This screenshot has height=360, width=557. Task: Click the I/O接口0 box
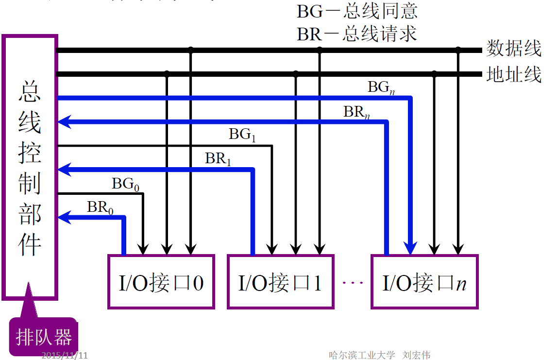coord(161,282)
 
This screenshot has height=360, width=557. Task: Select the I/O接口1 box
coord(280,282)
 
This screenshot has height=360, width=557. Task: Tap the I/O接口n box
coord(424,282)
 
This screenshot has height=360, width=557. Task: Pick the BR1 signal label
coord(218,159)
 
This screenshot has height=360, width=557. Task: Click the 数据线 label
coord(514,49)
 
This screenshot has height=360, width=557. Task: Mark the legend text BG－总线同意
coord(357,11)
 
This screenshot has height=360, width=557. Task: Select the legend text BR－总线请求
coord(357,34)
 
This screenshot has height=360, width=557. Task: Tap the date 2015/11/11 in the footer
coord(65,355)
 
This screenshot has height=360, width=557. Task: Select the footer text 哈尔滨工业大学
coord(362,355)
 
